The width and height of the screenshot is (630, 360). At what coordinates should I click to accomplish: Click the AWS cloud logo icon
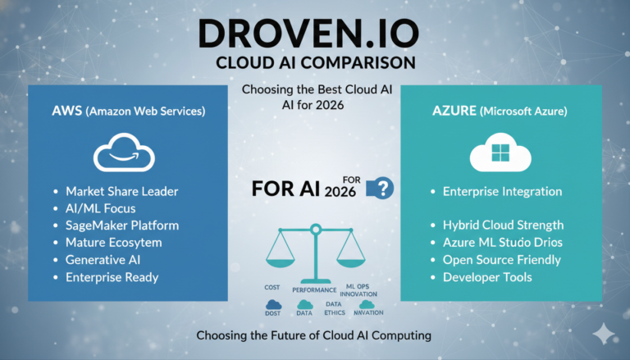(126, 152)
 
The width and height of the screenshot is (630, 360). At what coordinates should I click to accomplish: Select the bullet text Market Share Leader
(121, 191)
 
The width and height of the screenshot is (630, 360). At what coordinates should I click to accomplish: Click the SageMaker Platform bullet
(121, 226)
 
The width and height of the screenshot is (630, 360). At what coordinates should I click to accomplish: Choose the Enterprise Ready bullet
(112, 277)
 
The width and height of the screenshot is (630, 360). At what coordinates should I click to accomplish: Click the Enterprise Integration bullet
(502, 191)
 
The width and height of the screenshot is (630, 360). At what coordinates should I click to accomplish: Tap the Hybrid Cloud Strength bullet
(504, 225)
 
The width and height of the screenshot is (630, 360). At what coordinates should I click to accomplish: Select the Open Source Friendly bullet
(501, 259)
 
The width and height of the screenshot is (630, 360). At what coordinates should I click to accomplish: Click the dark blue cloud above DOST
(274, 304)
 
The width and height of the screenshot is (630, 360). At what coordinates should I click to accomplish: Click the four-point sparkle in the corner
(605, 331)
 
